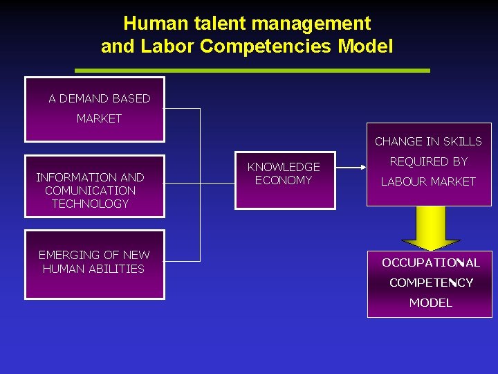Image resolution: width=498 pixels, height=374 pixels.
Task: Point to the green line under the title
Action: (x=252, y=70)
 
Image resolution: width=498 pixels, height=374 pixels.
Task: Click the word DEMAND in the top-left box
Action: (x=86, y=98)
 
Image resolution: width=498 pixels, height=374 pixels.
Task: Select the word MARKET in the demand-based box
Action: (x=99, y=118)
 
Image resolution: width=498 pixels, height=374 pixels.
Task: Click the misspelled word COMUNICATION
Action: (x=90, y=190)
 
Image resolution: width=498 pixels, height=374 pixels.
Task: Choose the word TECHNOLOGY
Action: (x=90, y=204)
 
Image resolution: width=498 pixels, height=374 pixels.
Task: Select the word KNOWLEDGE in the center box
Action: (x=284, y=167)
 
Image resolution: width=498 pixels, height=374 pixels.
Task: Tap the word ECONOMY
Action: (x=284, y=180)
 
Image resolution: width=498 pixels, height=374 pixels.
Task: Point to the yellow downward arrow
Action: (x=430, y=229)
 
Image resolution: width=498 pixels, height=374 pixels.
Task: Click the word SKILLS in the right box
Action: (x=462, y=141)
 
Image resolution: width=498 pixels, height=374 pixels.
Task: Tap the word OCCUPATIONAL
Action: (x=430, y=262)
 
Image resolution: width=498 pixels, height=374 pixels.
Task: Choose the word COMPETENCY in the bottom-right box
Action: (x=431, y=283)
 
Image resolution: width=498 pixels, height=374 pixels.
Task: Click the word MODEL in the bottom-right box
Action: (x=430, y=303)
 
